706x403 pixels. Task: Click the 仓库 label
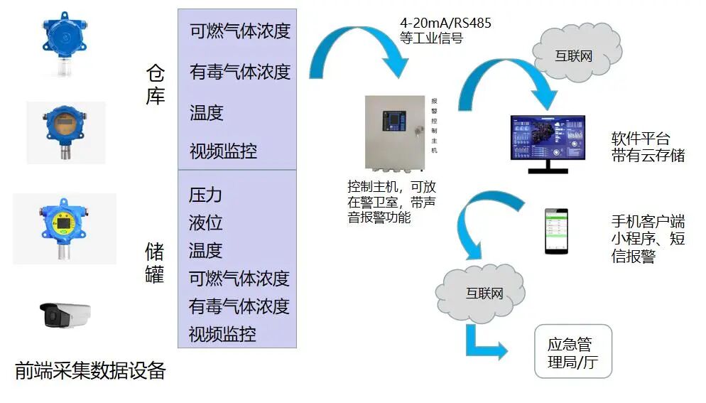click(156, 85)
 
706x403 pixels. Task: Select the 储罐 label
click(155, 262)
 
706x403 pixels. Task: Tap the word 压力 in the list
click(205, 195)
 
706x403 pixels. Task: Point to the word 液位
click(205, 222)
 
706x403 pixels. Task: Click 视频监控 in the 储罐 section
click(222, 333)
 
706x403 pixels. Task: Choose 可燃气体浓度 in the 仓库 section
click(240, 31)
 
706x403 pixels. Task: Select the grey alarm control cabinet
click(395, 135)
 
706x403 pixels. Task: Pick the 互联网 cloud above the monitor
click(572, 55)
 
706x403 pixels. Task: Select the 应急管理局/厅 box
click(572, 351)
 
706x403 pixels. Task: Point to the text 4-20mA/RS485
click(445, 23)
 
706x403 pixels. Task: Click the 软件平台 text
click(640, 138)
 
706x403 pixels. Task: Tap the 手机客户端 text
click(647, 221)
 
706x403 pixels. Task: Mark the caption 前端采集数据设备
click(90, 370)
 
